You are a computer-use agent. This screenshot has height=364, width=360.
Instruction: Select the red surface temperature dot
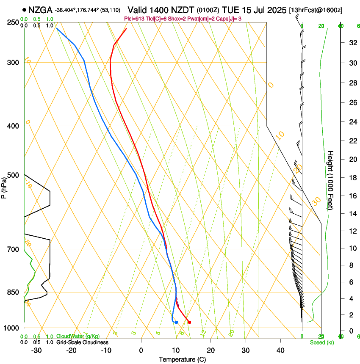point(189,322)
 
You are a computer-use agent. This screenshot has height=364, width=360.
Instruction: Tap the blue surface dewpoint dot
point(176,323)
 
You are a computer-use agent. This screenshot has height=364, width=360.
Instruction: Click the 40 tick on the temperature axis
point(280,350)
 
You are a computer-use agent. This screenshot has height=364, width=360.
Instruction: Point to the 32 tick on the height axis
point(351,43)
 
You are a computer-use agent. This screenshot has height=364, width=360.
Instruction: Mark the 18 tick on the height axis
point(351,177)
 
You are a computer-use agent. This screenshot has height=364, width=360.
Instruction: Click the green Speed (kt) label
point(321,342)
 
